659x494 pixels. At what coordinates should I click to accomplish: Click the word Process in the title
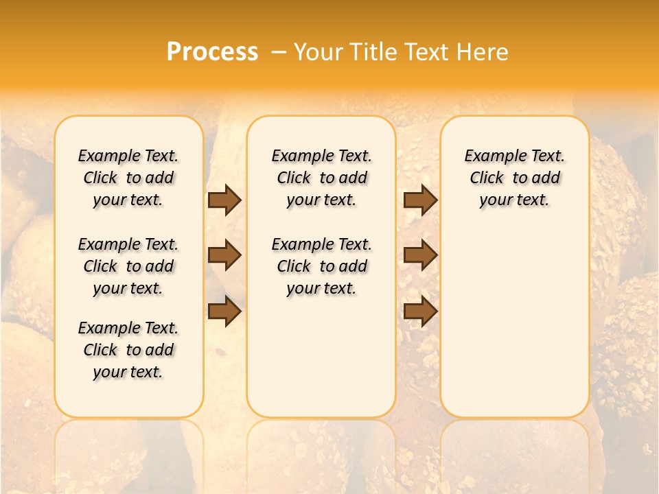[212, 52]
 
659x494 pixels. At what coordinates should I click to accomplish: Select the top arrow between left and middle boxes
[224, 200]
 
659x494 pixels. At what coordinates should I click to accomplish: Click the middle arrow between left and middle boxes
[224, 255]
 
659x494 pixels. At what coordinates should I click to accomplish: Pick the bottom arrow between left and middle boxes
[224, 311]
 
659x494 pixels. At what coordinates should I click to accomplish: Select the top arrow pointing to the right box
[420, 200]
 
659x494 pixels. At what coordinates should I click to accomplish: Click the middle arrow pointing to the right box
[420, 255]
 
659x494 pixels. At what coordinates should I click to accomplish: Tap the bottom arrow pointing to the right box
[420, 311]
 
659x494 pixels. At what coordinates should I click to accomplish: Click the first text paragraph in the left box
[128, 178]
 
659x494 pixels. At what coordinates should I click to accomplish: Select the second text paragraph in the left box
[128, 266]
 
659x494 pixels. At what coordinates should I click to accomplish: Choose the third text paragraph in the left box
[128, 350]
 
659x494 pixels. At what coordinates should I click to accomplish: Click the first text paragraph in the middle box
[322, 178]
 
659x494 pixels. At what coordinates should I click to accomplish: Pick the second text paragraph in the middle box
[322, 266]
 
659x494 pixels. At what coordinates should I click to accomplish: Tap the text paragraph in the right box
[515, 178]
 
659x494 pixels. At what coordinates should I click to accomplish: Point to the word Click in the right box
[487, 178]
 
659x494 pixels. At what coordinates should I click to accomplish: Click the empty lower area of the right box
[515, 322]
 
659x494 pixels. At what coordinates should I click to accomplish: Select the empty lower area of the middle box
[322, 357]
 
